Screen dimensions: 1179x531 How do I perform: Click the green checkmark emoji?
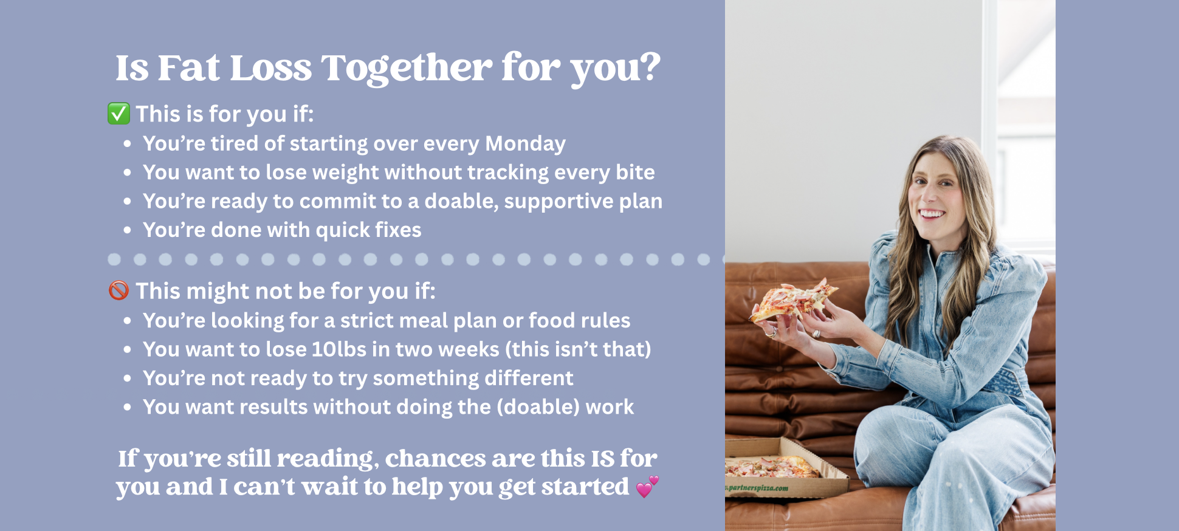pos(119,114)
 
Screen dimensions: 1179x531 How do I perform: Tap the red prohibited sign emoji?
pos(119,290)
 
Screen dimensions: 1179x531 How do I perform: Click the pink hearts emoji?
pos(647,487)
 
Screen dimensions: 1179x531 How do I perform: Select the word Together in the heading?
pos(407,68)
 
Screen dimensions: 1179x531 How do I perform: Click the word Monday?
pos(525,143)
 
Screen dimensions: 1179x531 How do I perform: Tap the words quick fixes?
pos(368,230)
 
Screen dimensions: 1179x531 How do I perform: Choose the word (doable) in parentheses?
pos(538,407)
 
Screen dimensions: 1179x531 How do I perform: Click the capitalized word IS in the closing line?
pos(602,459)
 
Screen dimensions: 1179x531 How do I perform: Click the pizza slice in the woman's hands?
pos(792,300)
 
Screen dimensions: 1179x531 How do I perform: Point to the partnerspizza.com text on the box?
pos(757,487)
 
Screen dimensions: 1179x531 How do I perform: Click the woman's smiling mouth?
pos(931,214)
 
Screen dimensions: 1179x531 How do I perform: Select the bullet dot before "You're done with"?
pos(127,230)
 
